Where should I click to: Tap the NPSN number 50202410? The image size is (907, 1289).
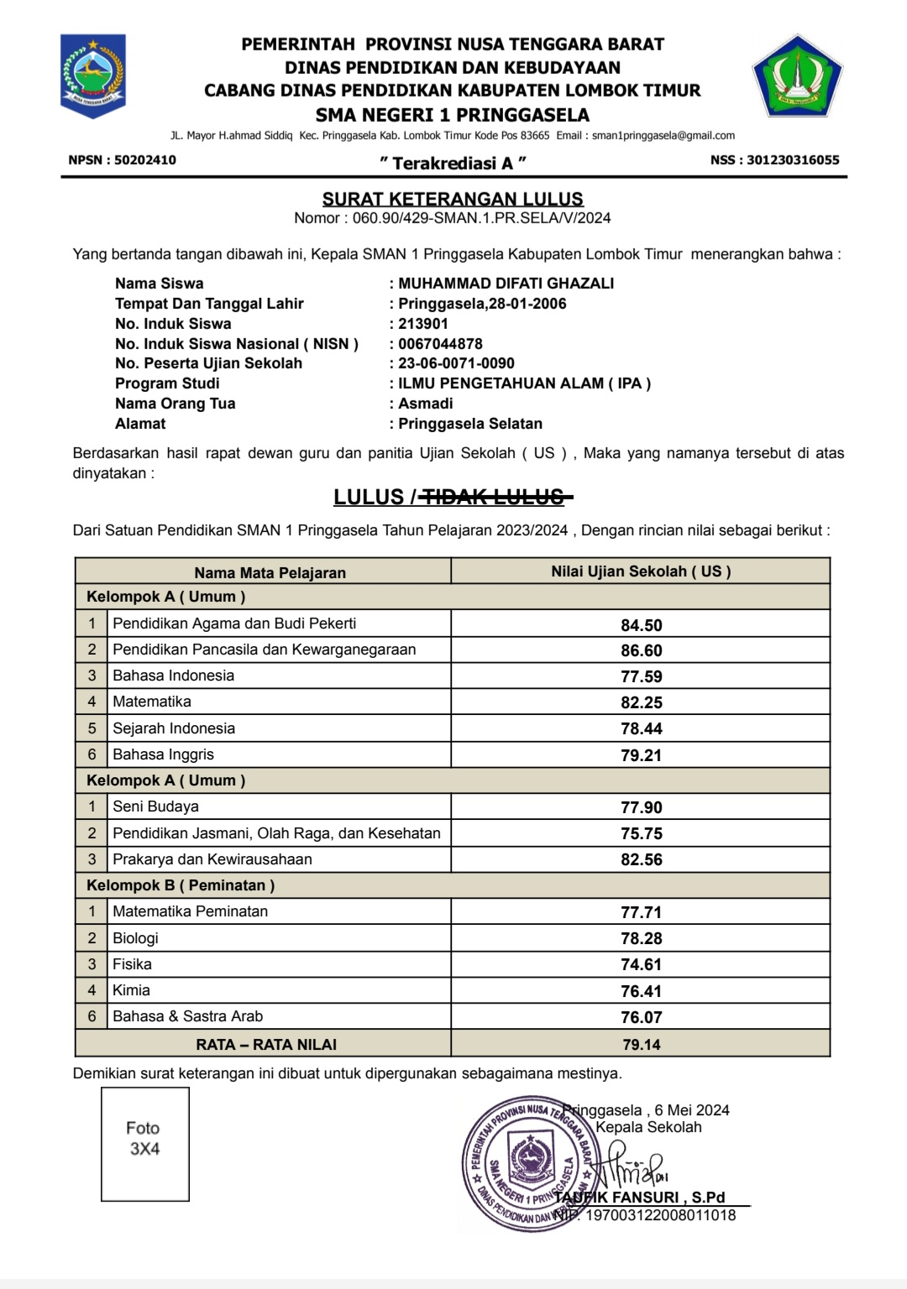pos(145,159)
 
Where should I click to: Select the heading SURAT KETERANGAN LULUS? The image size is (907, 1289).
pos(453,199)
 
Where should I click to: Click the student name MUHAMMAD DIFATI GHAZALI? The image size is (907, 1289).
pos(506,284)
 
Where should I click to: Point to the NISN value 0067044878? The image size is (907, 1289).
pos(440,343)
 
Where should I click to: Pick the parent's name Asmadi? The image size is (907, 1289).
pos(425,404)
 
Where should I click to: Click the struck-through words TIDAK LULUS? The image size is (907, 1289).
pos(494,498)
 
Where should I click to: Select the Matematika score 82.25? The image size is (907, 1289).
pos(641,702)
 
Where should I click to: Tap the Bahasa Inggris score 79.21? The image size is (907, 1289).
pos(641,755)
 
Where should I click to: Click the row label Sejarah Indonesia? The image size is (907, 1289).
pos(174,728)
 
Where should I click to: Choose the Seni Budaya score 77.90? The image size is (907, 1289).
pos(641,807)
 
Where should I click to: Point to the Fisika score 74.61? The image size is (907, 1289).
pos(641,964)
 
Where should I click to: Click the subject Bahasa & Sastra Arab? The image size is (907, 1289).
pos(187,1016)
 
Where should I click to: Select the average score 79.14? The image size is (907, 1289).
pos(641,1044)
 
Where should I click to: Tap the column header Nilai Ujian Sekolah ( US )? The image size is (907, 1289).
pos(640,571)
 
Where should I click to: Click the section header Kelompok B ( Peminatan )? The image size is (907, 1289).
pos(181,885)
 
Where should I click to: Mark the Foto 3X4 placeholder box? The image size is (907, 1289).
pos(144,1144)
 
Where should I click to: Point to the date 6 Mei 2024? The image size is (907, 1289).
pos(692,1110)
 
